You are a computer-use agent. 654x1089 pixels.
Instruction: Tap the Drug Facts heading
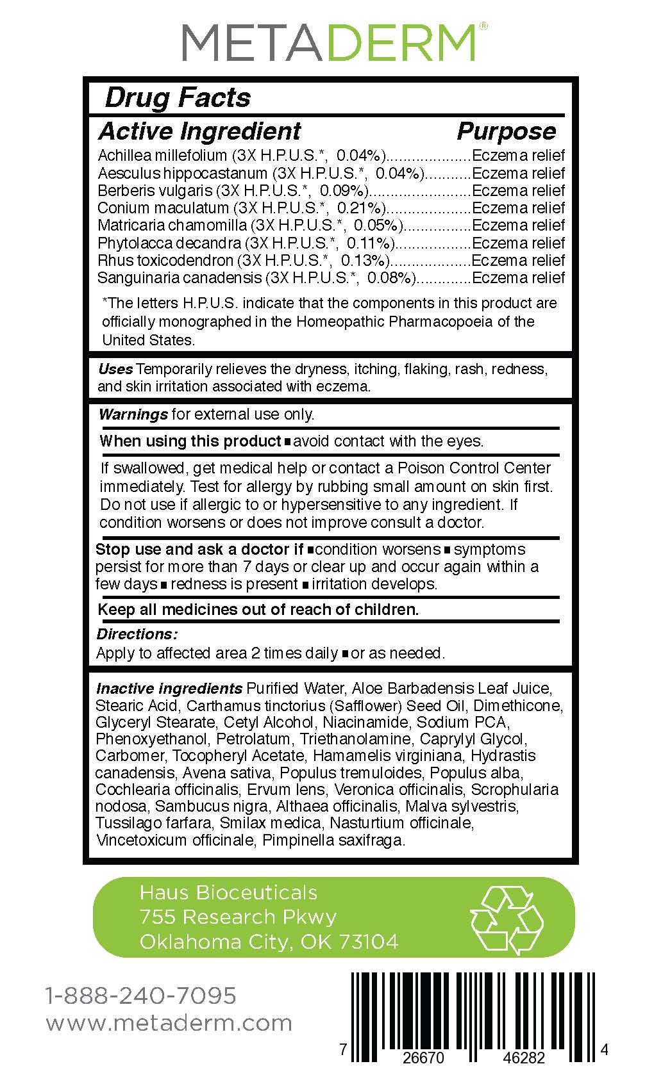pos(178,98)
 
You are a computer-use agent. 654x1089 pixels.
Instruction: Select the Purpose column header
pos(506,131)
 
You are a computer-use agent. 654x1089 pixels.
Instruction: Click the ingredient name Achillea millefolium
pos(162,156)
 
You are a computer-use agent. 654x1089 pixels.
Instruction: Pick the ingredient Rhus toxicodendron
pos(165,261)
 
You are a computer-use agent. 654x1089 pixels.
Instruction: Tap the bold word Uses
pos(115,369)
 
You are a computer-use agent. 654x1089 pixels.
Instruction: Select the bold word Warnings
pos(133,414)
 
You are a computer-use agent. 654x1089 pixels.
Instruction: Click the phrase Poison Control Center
pos(474,468)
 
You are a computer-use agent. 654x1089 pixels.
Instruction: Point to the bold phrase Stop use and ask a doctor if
pos(199,550)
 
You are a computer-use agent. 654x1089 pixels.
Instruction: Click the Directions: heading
pos(137,634)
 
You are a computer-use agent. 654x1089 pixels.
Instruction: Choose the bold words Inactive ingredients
pos(169,689)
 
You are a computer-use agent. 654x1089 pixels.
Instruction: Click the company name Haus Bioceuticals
pos(229,892)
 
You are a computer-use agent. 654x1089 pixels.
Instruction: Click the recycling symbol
pos(507,918)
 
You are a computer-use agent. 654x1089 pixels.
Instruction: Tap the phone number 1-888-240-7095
pos(141,995)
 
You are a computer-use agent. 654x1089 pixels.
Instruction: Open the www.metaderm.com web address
pos(169,1023)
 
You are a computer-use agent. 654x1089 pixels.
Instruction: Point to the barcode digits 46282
pos(524,1058)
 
